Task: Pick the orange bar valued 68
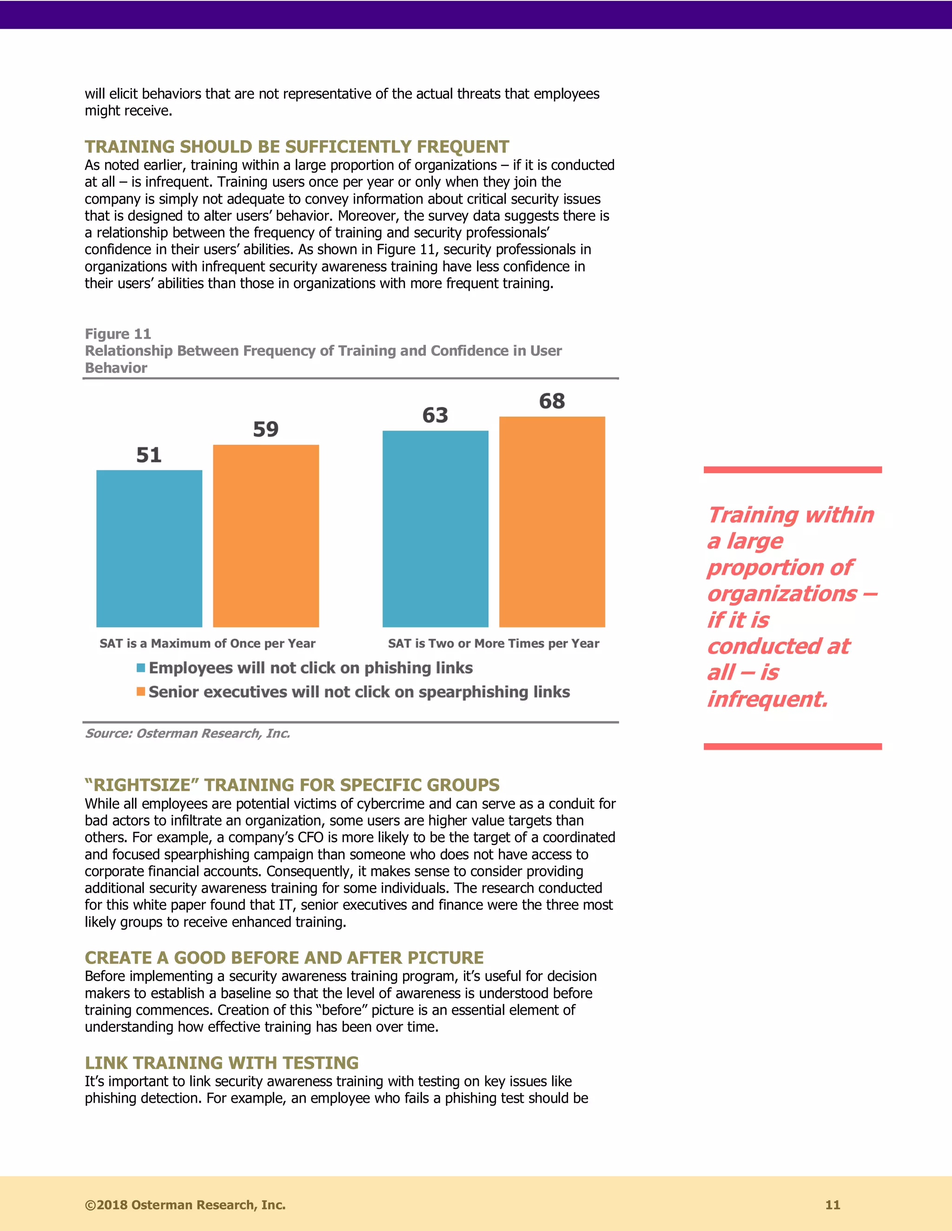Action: point(552,521)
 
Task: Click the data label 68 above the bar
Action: point(552,401)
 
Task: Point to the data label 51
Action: point(149,455)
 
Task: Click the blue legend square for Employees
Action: point(141,668)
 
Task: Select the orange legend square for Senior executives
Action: point(141,692)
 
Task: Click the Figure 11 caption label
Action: point(118,334)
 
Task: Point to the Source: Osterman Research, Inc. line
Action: point(187,733)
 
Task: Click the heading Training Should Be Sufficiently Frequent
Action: point(297,146)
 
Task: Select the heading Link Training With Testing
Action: point(222,1062)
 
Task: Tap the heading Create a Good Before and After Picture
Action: point(284,958)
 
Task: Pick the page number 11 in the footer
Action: point(833,1205)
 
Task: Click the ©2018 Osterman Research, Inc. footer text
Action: point(185,1205)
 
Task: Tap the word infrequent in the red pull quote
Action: point(767,699)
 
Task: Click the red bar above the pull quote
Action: point(793,470)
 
